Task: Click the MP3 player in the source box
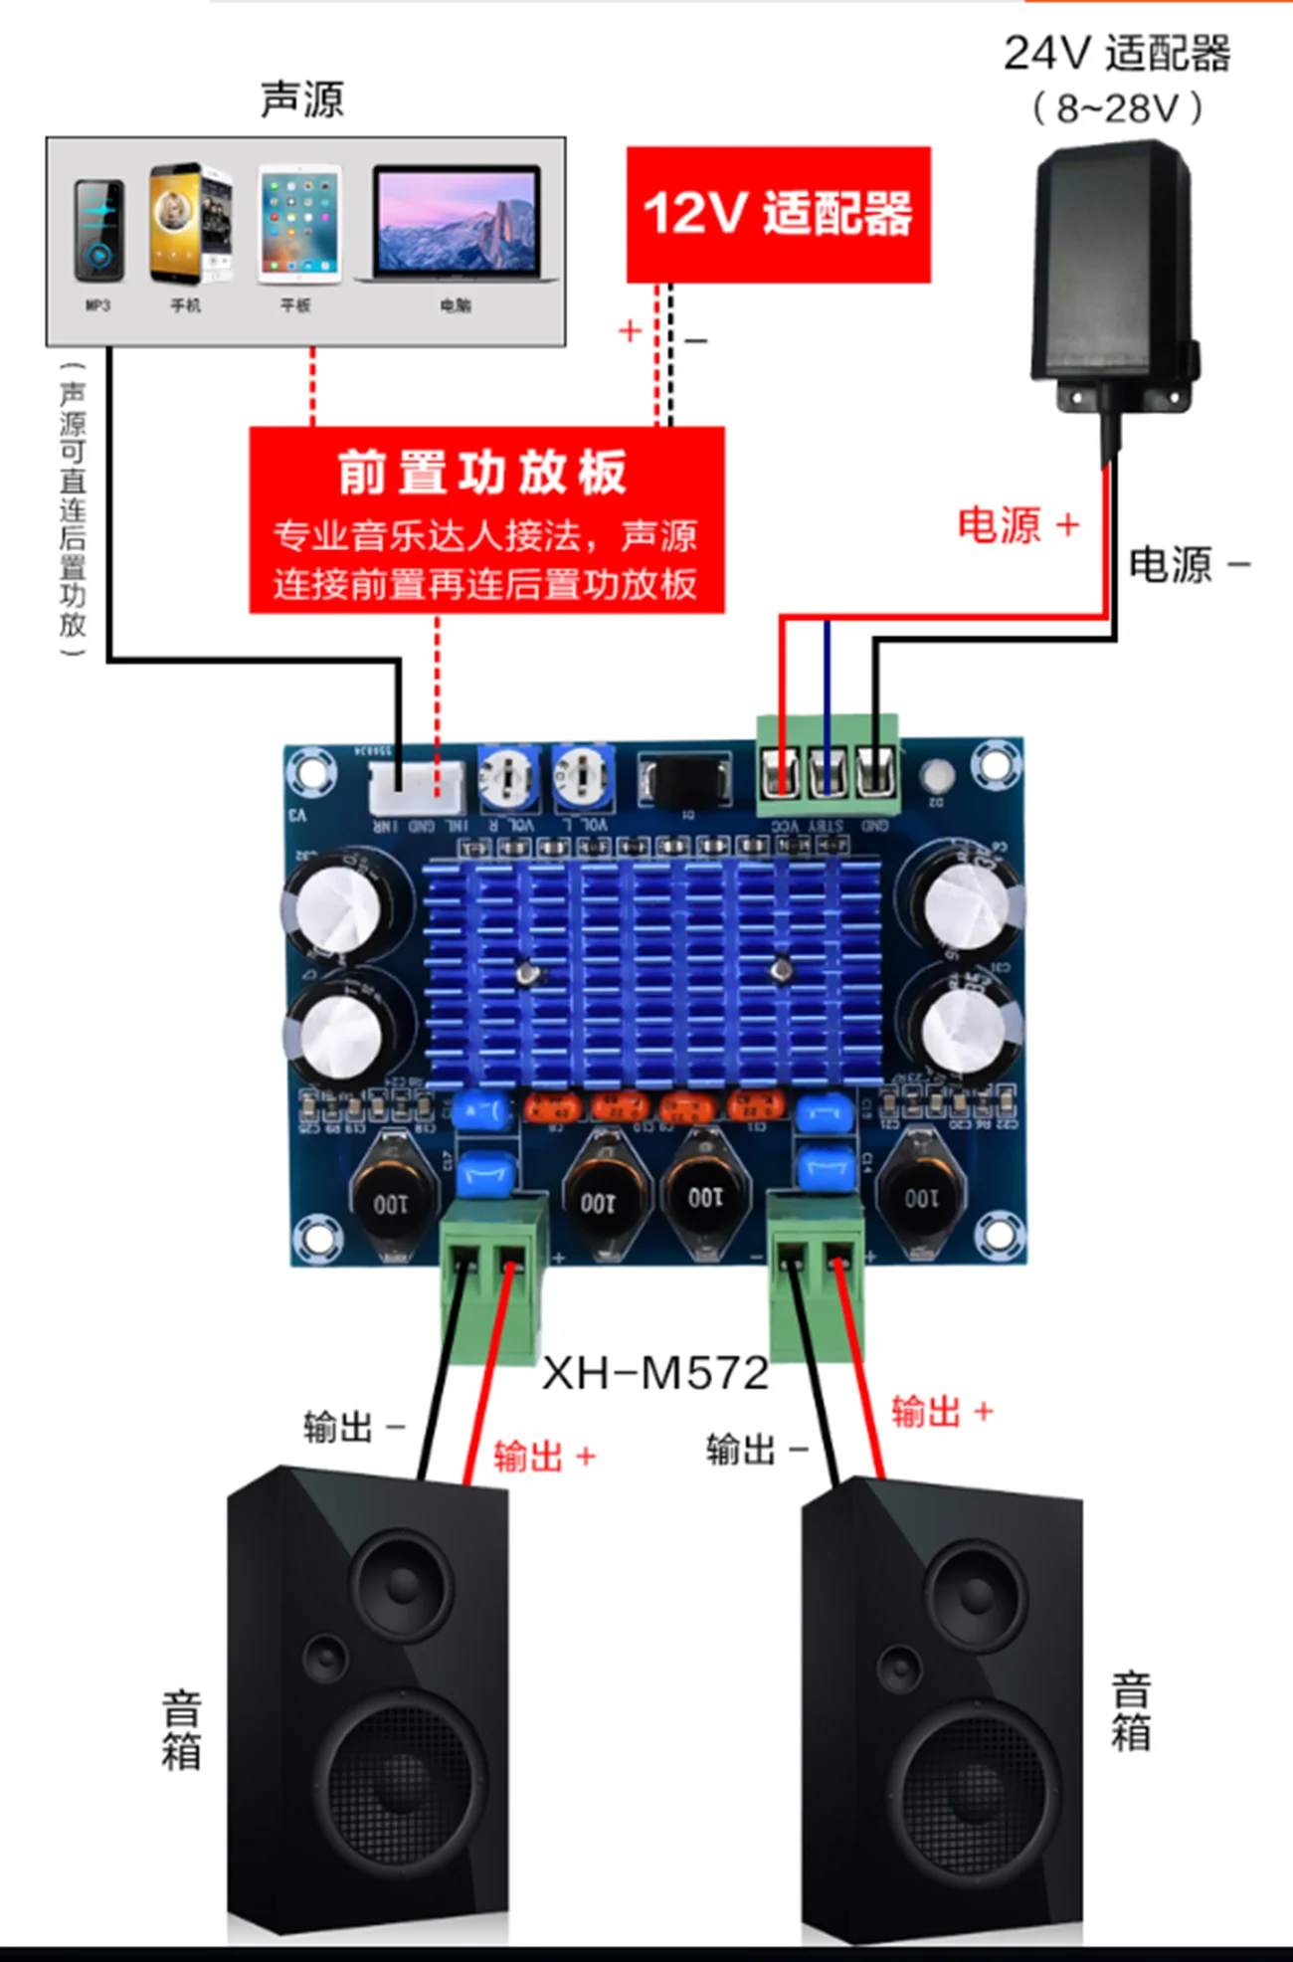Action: pos(98,231)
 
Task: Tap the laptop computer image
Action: pos(457,224)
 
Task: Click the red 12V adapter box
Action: pos(778,214)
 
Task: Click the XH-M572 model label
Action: pos(655,1373)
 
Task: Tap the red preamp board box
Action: pos(486,519)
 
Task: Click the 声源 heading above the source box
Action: pos(302,99)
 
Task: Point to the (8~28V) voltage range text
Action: pos(1117,107)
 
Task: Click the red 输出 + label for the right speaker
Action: pos(941,1411)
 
